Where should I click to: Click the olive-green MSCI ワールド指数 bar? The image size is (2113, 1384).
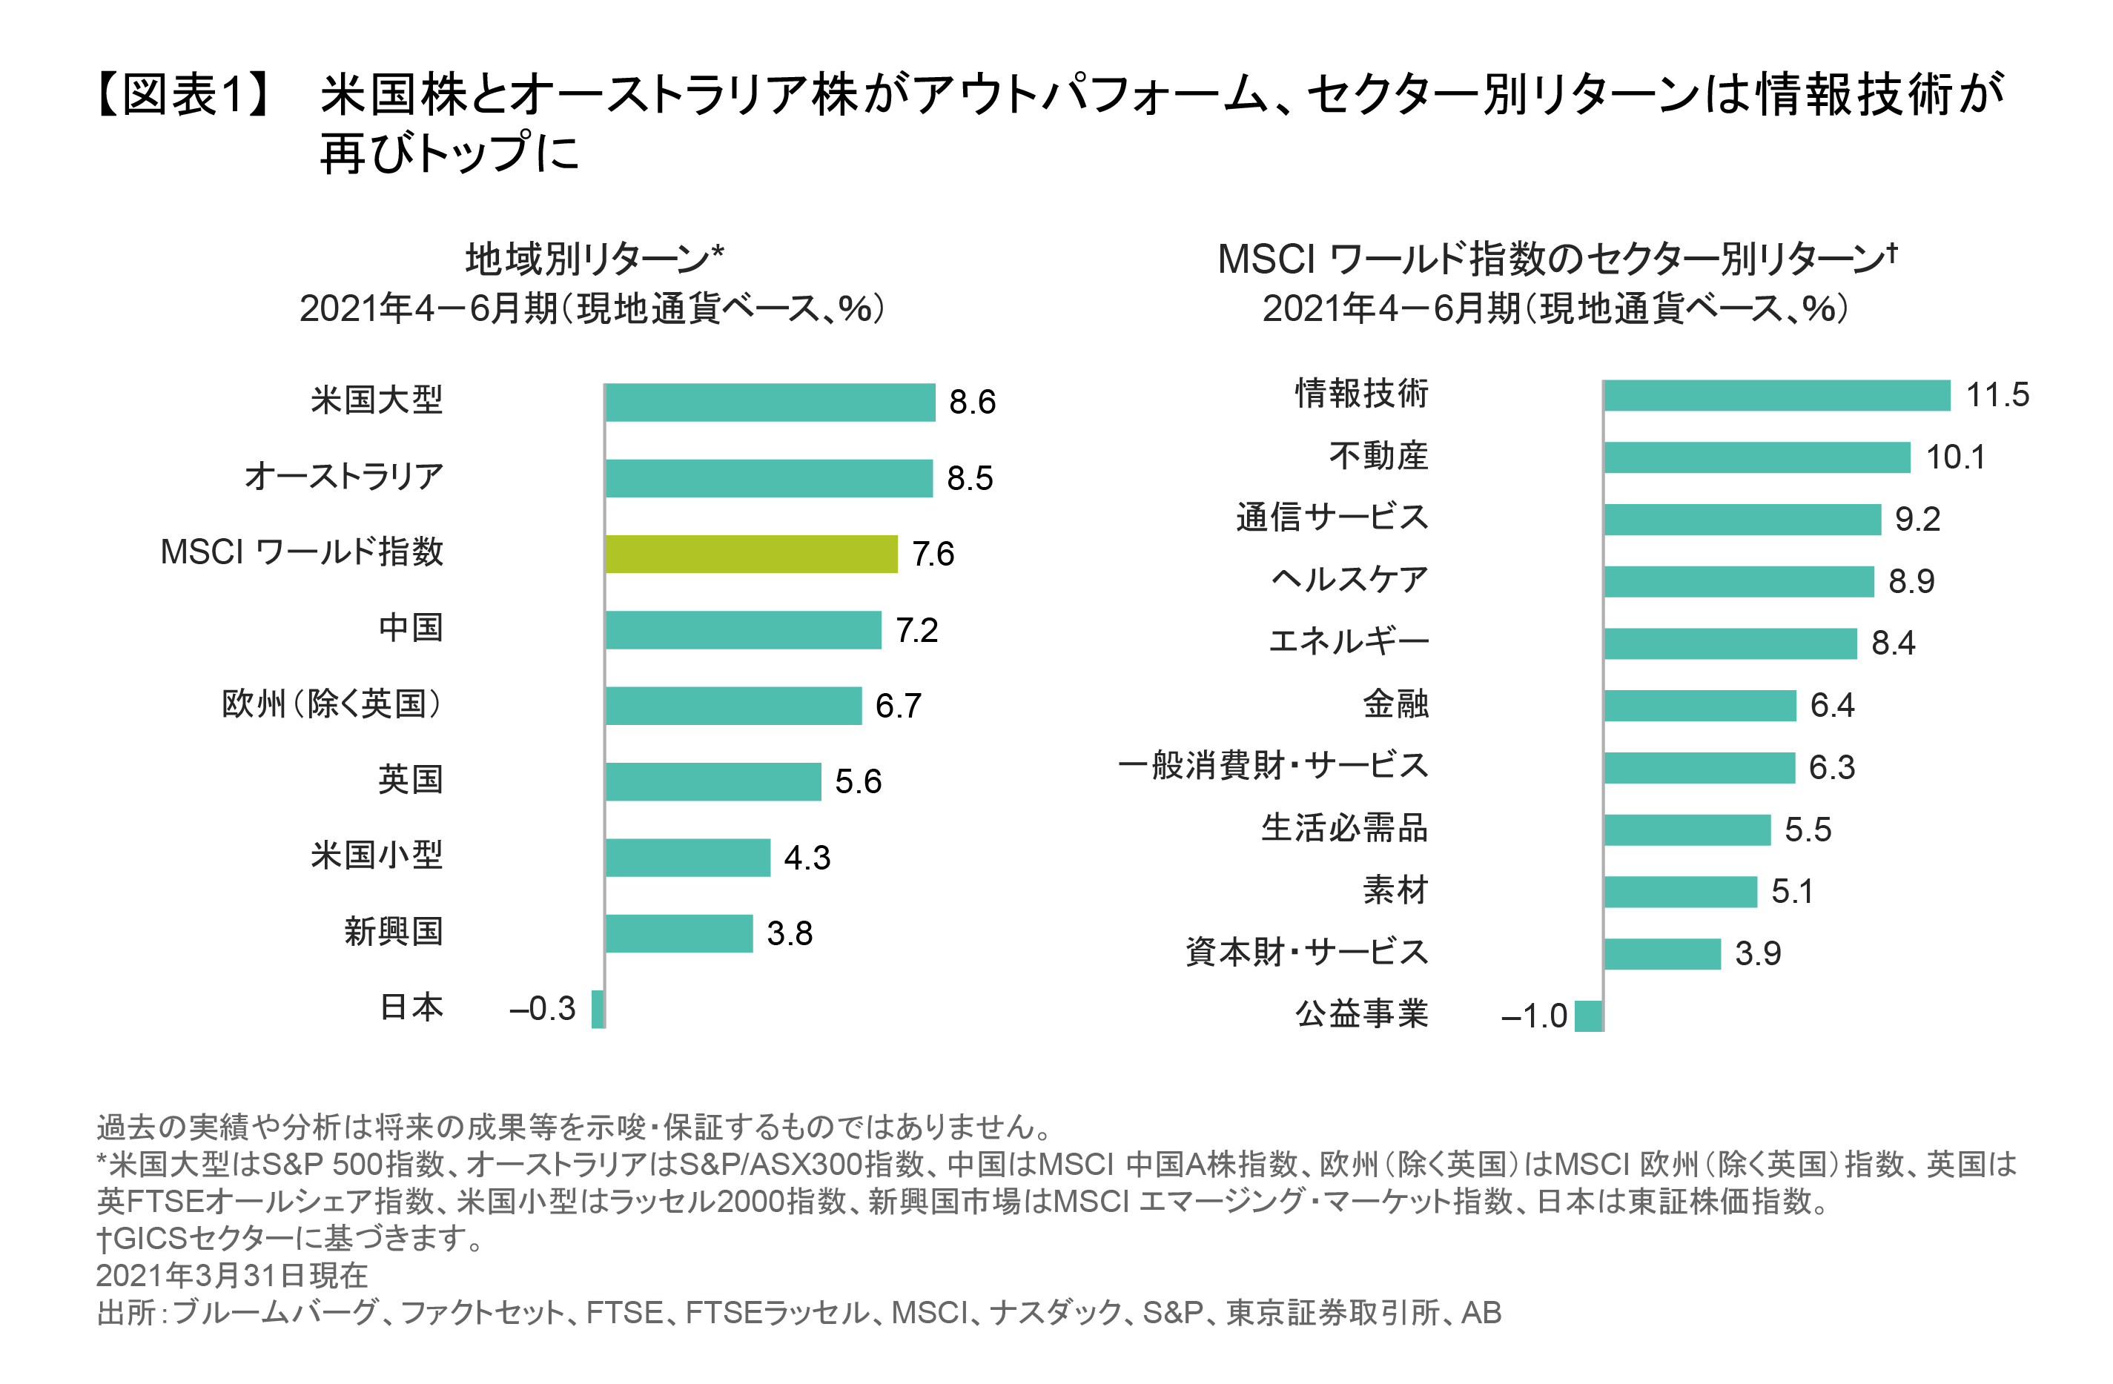[x=751, y=554]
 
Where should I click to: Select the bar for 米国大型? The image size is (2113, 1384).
[x=770, y=402]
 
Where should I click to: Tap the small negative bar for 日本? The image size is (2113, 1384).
[x=598, y=1010]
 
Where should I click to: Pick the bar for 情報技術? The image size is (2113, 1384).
[x=1776, y=395]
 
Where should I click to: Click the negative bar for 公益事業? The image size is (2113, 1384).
[x=1588, y=1016]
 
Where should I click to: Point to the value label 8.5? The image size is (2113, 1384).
[x=970, y=478]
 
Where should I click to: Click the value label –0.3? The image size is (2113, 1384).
[x=541, y=1008]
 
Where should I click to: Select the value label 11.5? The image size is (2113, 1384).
[x=1997, y=395]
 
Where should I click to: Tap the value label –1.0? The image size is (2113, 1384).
[x=1533, y=1016]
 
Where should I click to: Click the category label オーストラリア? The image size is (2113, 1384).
[x=343, y=477]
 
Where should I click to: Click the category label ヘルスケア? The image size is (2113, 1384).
[x=1349, y=580]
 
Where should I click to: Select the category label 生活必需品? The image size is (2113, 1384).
[x=1344, y=828]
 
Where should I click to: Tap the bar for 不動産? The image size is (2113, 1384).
[x=1757, y=457]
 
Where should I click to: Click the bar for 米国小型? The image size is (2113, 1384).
[x=687, y=858]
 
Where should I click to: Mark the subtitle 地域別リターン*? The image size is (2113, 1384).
[x=594, y=260]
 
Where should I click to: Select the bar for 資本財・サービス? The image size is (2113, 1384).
[x=1662, y=953]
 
